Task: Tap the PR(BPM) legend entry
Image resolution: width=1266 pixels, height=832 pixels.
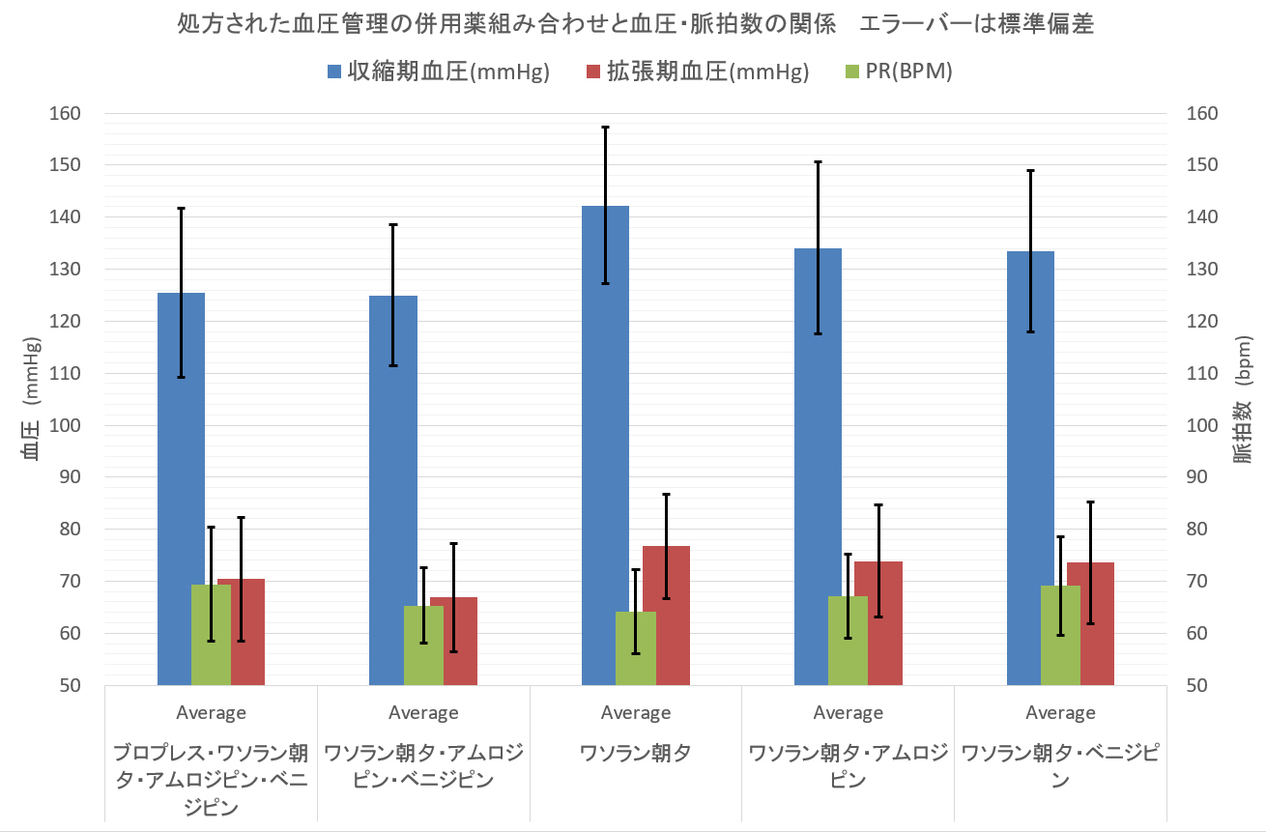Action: tap(898, 72)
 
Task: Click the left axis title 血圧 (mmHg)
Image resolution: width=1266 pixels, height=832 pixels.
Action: tap(32, 399)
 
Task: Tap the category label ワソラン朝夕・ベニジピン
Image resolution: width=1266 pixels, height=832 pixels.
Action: tap(1060, 765)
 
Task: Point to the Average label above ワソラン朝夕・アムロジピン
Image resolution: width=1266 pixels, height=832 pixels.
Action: tap(848, 713)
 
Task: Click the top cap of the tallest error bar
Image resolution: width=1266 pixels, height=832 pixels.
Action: tap(605, 127)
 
